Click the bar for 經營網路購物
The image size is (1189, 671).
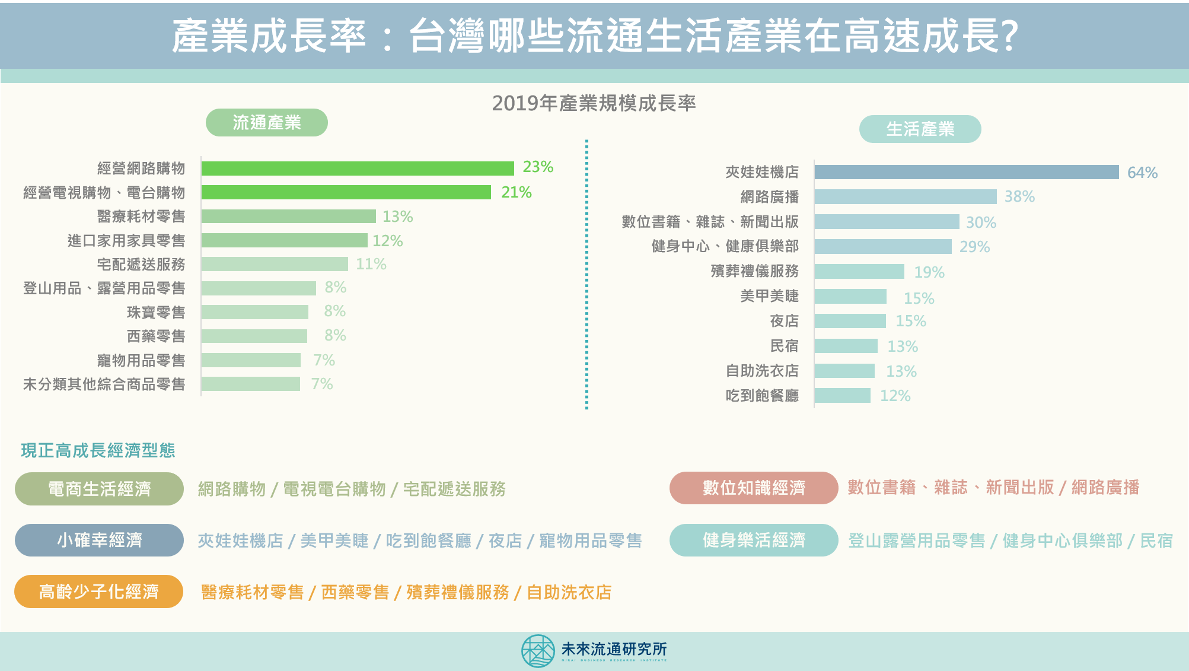358,168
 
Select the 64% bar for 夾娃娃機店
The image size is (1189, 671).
966,172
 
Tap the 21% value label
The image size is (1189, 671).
516,192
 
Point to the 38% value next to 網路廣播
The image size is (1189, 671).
1019,196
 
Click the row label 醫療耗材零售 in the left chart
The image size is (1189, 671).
141,217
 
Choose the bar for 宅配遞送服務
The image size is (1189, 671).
275,264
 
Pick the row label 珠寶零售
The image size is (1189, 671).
156,312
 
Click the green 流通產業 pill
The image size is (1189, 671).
266,123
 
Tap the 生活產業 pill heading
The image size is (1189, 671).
920,129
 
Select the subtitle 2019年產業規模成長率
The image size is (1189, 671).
594,103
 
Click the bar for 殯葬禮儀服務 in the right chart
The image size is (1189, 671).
859,272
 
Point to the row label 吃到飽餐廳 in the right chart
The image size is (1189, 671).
762,396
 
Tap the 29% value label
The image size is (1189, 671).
974,247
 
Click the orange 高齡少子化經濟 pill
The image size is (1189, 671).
98,592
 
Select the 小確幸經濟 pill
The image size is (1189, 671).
99,540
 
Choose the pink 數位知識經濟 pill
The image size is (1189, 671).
753,488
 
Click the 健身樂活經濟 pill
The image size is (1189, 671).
753,540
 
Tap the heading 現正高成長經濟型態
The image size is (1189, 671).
98,450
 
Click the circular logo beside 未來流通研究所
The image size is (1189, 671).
538,651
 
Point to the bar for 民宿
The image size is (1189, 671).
846,346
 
